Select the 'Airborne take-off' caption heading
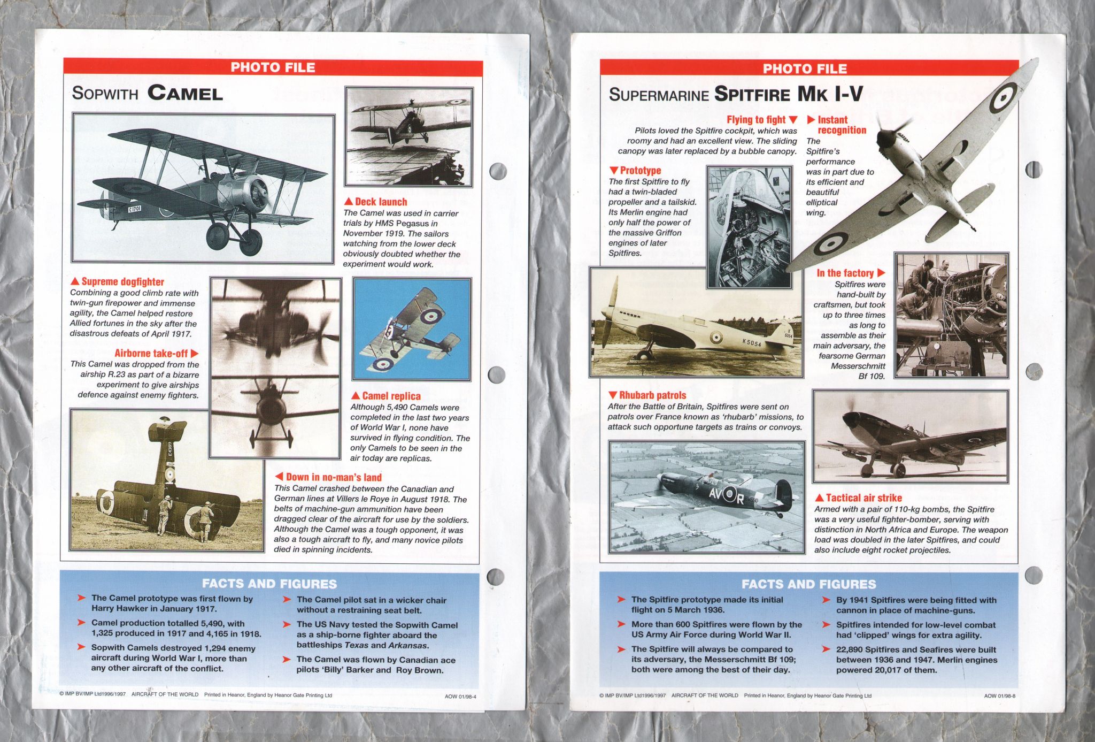151,353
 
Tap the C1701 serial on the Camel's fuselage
135,208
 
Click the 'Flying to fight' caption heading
756,120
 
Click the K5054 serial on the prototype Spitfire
752,343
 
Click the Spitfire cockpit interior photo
749,226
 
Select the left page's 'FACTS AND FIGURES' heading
269,584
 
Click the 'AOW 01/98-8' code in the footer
999,696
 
